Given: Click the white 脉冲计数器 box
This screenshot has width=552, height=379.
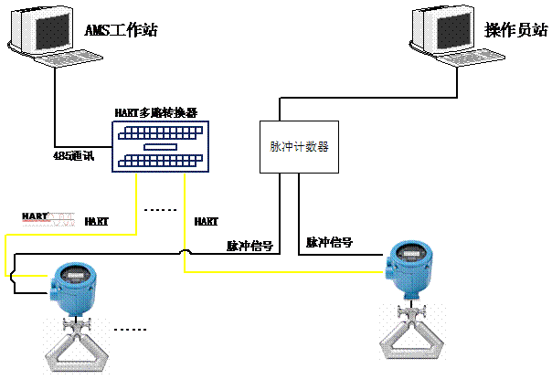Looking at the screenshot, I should click(x=299, y=147).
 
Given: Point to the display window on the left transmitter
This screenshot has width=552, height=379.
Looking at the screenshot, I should click(x=73, y=271).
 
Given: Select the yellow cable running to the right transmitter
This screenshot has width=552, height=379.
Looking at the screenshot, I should click(x=274, y=271).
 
